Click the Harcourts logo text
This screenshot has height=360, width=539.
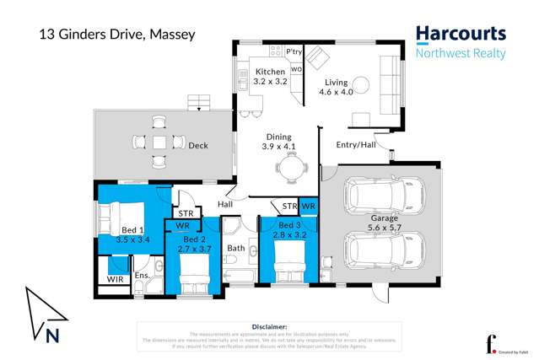click(461, 35)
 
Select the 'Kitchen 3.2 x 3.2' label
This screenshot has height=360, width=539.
click(271, 78)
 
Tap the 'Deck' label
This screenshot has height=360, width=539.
click(198, 146)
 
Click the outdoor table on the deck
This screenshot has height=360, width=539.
click(159, 142)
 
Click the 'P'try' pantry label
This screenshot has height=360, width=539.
click(294, 52)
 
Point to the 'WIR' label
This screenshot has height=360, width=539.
click(113, 279)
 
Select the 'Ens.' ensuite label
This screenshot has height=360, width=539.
click(142, 275)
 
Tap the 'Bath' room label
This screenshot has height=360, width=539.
click(235, 248)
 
